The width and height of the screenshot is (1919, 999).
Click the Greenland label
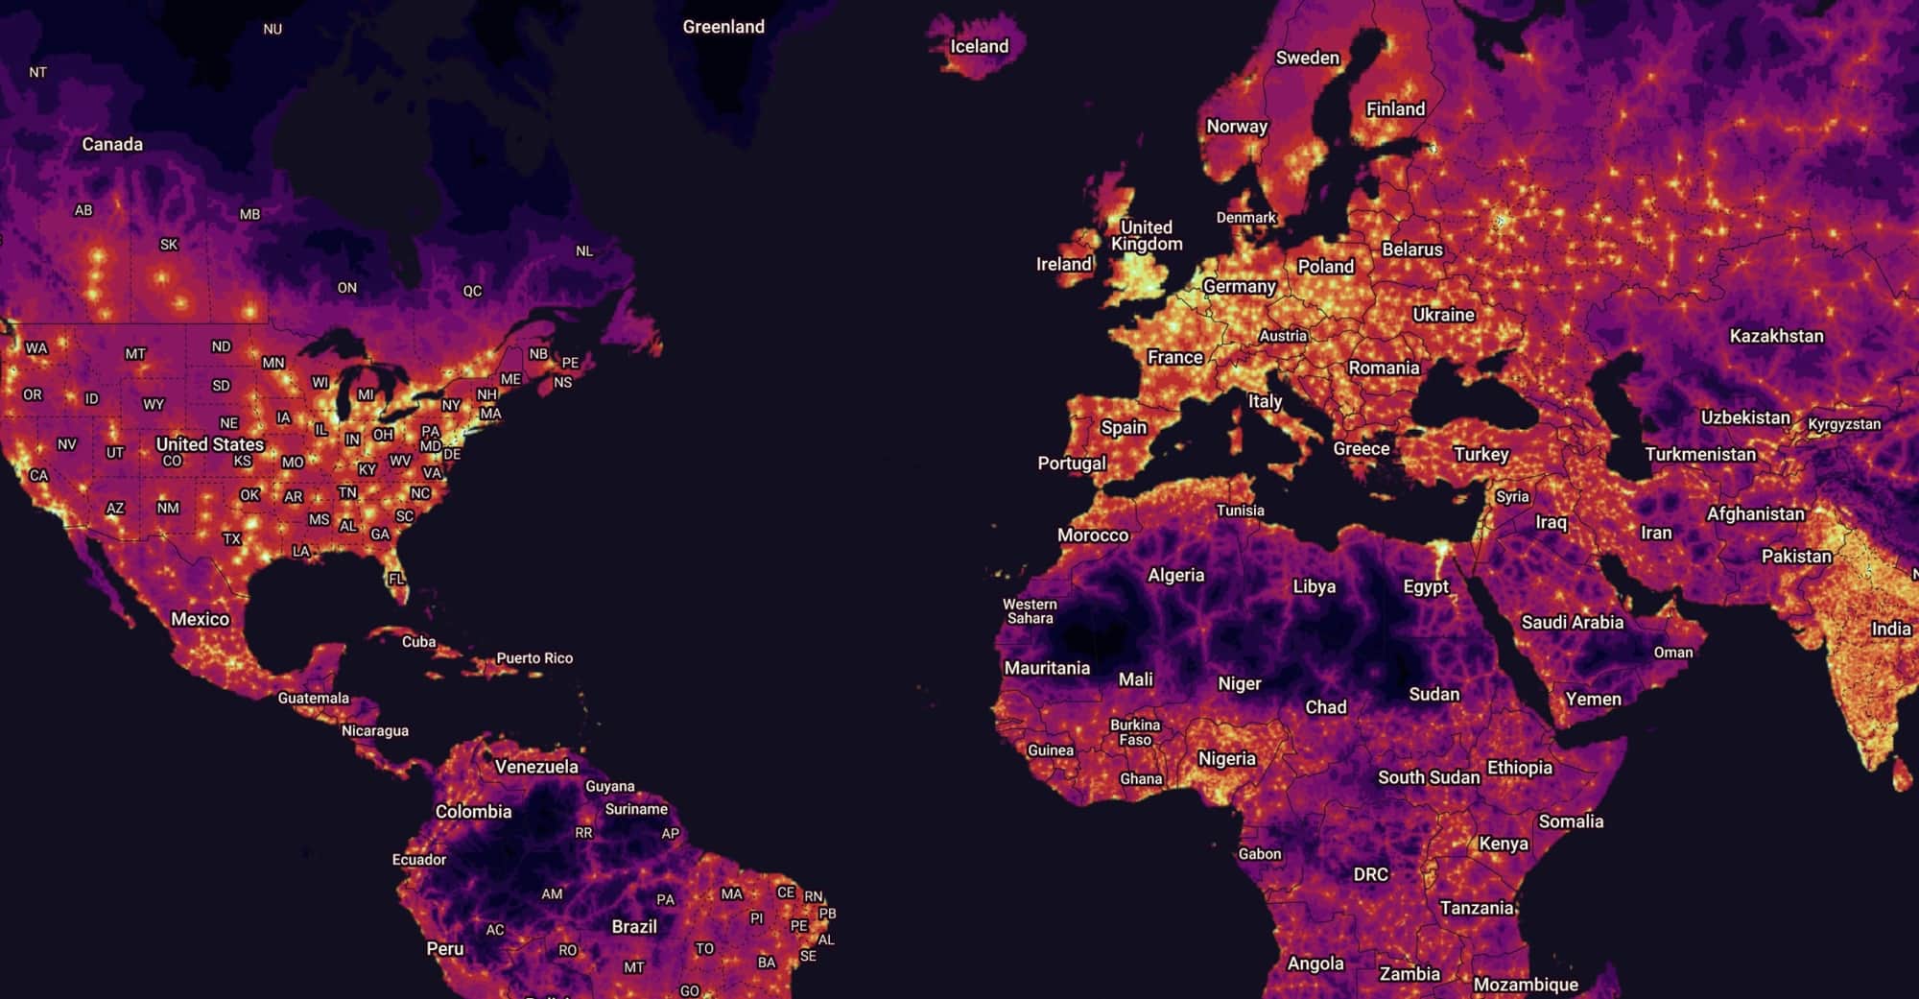pyautogui.click(x=723, y=27)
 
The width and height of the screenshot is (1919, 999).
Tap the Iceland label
pyautogui.click(x=979, y=46)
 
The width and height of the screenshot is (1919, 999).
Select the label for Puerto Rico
pyautogui.click(x=534, y=658)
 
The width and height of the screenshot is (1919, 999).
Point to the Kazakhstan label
pyautogui.click(x=1776, y=336)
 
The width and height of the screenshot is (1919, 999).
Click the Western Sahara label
pyautogui.click(x=1030, y=611)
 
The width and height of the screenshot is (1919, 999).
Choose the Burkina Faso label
pyautogui.click(x=1135, y=732)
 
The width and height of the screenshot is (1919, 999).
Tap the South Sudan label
pyautogui.click(x=1429, y=777)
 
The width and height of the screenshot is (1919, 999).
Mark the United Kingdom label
pyautogui.click(x=1147, y=235)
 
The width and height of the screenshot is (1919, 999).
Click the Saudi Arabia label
pyautogui.click(x=1572, y=622)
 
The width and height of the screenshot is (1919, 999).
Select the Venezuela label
pyautogui.click(x=536, y=767)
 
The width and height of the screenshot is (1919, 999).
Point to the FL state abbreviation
pyautogui.click(x=395, y=579)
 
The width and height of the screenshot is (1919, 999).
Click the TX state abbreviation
pyautogui.click(x=231, y=539)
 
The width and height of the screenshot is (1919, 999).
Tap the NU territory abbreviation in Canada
pyautogui.click(x=272, y=30)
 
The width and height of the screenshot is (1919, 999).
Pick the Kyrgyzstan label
pyautogui.click(x=1844, y=424)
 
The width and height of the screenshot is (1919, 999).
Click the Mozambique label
pyautogui.click(x=1526, y=985)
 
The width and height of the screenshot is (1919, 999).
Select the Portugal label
pyautogui.click(x=1072, y=464)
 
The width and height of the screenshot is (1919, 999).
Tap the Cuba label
pyautogui.click(x=418, y=642)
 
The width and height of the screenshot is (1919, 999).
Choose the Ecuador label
pyautogui.click(x=419, y=860)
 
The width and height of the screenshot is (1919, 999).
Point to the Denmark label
pyautogui.click(x=1246, y=218)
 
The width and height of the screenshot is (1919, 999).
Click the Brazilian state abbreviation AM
pyautogui.click(x=552, y=894)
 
